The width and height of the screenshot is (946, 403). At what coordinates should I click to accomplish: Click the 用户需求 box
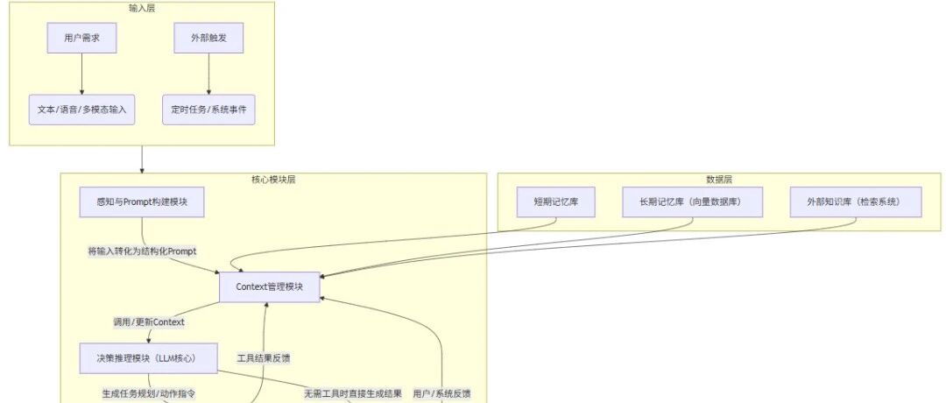click(x=81, y=38)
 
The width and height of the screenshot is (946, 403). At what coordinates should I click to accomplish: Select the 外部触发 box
click(x=208, y=38)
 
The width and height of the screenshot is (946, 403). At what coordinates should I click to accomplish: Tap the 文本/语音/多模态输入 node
click(x=81, y=110)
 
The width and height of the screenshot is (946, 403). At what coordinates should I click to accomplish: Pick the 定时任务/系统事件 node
click(x=208, y=110)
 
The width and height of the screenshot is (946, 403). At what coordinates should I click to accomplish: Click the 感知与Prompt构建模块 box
click(x=142, y=202)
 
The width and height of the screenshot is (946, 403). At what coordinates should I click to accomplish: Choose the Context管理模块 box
click(x=269, y=287)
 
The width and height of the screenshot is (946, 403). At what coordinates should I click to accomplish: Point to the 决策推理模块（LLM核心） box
click(x=148, y=358)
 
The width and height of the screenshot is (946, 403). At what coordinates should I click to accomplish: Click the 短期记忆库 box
click(x=556, y=202)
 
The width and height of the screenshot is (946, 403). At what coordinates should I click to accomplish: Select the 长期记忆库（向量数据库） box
click(x=693, y=202)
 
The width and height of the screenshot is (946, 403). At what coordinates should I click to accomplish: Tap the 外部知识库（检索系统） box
click(x=856, y=202)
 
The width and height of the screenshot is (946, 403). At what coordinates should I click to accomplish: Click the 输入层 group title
click(x=142, y=8)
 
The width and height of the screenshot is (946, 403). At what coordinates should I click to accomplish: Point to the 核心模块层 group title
click(x=273, y=180)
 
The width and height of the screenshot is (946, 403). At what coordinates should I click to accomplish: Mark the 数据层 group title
click(x=719, y=180)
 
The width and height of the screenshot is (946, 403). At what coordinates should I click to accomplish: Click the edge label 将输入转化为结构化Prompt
click(x=143, y=251)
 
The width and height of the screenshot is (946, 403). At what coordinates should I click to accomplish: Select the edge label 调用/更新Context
click(x=149, y=322)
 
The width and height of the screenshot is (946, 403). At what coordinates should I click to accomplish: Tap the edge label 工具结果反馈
click(x=264, y=357)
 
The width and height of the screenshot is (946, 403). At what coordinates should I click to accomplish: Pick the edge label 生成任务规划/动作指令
click(x=148, y=394)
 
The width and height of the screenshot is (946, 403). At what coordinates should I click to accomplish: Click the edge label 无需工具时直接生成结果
click(x=353, y=394)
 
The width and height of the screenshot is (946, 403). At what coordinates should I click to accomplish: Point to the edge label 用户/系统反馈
click(x=441, y=394)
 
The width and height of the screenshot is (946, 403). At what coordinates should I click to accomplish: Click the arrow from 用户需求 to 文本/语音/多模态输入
click(x=81, y=74)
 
